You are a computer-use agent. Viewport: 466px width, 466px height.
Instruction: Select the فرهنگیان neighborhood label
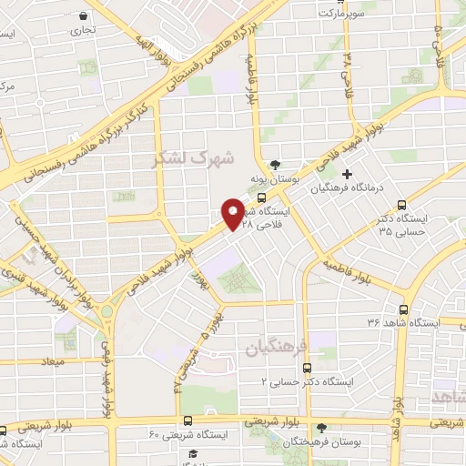(x=270, y=348)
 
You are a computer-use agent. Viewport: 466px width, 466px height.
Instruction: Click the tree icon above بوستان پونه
(x=275, y=165)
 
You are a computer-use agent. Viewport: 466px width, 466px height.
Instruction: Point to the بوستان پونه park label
(x=276, y=180)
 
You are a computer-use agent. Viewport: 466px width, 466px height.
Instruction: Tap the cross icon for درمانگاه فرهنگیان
(x=346, y=174)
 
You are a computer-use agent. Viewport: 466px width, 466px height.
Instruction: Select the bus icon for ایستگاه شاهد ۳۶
(x=403, y=309)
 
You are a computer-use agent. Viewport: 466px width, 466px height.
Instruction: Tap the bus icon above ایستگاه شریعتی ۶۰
(x=188, y=420)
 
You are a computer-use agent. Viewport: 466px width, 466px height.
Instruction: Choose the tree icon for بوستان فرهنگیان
(x=321, y=428)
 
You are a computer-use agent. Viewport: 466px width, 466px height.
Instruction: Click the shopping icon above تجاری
(x=84, y=16)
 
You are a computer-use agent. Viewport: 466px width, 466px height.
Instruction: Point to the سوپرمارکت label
(x=340, y=15)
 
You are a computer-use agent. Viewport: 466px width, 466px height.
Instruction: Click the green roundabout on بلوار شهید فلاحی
(x=106, y=311)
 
